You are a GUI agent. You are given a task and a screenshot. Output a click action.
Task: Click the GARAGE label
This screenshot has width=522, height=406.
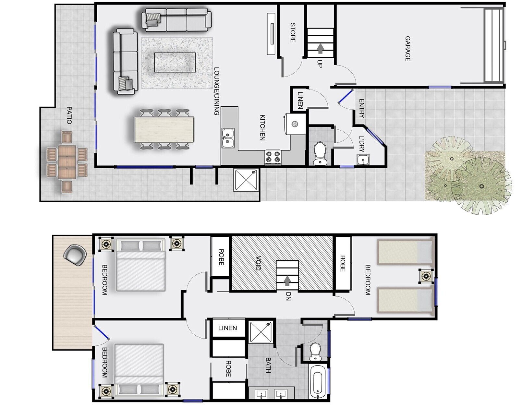(x=407, y=49)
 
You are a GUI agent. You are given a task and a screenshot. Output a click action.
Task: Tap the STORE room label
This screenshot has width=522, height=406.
(x=293, y=32)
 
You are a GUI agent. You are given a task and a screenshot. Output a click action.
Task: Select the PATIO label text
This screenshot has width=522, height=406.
(x=69, y=115)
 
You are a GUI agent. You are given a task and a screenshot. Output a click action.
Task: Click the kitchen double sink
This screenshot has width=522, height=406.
(x=228, y=138)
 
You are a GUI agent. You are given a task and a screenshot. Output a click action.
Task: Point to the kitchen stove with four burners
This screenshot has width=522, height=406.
(x=273, y=157)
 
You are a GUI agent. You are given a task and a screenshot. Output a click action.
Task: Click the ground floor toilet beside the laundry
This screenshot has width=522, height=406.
(x=320, y=153)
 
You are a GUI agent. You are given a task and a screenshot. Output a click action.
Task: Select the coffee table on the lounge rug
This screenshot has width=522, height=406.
(x=175, y=63)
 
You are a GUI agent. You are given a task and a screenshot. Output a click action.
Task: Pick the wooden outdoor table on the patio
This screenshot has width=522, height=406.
(x=67, y=161)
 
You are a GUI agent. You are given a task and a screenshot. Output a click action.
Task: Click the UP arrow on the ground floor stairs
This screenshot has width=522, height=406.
(x=321, y=49)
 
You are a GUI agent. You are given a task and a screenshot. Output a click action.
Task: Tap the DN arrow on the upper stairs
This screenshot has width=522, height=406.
(x=287, y=281)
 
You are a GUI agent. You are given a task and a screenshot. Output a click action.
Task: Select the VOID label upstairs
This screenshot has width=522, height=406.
(x=258, y=263)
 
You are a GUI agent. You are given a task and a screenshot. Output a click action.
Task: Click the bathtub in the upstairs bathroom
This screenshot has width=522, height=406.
(x=317, y=381)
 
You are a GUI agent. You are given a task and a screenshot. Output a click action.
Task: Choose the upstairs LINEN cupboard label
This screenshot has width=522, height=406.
(x=227, y=328)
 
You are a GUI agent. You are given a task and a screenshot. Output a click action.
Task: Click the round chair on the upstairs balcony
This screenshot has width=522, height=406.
(x=75, y=255)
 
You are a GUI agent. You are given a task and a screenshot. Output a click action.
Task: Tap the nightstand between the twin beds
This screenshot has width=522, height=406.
(x=426, y=276)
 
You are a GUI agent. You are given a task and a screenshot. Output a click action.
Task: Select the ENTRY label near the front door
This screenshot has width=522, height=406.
(x=361, y=108)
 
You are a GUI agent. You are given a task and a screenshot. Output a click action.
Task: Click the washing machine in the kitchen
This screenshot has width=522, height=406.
(x=295, y=124)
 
